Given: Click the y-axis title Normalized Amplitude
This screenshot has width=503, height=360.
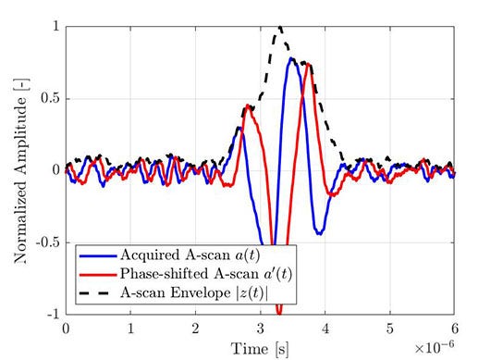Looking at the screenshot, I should (x=19, y=172).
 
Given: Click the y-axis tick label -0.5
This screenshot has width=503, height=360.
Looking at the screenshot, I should (x=42, y=242).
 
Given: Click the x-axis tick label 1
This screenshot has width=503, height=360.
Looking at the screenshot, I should (x=130, y=329).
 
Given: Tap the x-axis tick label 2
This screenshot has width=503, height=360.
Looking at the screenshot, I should (x=195, y=329).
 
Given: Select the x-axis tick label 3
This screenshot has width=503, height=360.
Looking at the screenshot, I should (x=260, y=329).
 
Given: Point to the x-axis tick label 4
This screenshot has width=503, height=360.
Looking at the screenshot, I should (x=325, y=329).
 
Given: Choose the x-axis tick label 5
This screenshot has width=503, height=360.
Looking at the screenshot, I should (x=389, y=329).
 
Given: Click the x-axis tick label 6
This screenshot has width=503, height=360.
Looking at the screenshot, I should (x=454, y=329).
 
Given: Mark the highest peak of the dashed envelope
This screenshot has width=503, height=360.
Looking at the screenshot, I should (x=280, y=28).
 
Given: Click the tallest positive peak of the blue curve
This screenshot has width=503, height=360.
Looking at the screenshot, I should (x=291, y=59).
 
